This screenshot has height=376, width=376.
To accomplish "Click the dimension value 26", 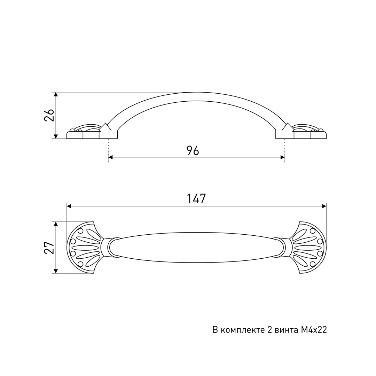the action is click(x=49, y=115).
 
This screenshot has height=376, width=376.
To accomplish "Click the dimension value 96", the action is click(x=193, y=151).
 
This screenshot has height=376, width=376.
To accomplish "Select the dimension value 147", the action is click(x=196, y=198).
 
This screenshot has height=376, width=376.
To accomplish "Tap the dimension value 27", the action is click(x=49, y=247).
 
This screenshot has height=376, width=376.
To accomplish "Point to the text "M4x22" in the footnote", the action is click(x=314, y=330).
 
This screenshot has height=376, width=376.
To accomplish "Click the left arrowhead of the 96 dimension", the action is click(x=111, y=157).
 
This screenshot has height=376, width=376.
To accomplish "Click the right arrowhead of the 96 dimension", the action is click(x=282, y=157).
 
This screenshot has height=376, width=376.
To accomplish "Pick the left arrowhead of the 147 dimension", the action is click(x=69, y=206).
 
